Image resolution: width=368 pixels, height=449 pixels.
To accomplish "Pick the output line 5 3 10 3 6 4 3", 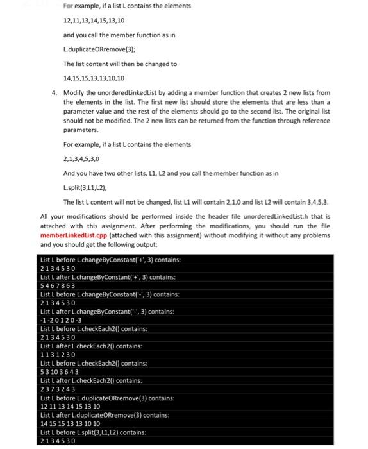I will (x=60, y=372).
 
